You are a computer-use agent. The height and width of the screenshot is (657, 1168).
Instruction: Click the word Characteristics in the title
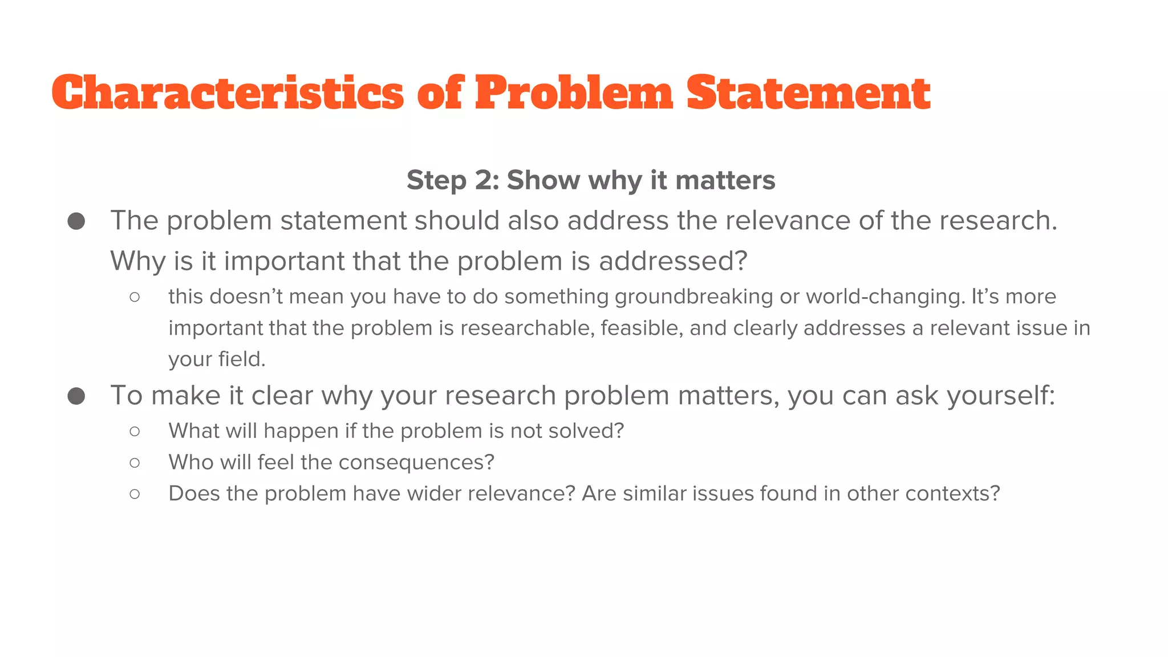coord(228,93)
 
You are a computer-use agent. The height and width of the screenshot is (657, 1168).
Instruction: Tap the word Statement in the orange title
coord(808,93)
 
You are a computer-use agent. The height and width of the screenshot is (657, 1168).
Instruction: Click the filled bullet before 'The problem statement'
coord(76,221)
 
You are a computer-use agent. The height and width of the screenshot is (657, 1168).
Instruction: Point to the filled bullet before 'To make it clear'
coord(76,396)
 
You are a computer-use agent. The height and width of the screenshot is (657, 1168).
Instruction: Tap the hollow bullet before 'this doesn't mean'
coord(135,297)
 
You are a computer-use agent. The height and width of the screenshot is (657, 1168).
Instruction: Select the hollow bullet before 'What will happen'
coord(135,431)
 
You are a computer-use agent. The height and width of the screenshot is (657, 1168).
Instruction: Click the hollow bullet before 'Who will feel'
coord(135,463)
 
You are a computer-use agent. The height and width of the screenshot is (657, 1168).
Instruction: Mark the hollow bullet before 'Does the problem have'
coord(135,494)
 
